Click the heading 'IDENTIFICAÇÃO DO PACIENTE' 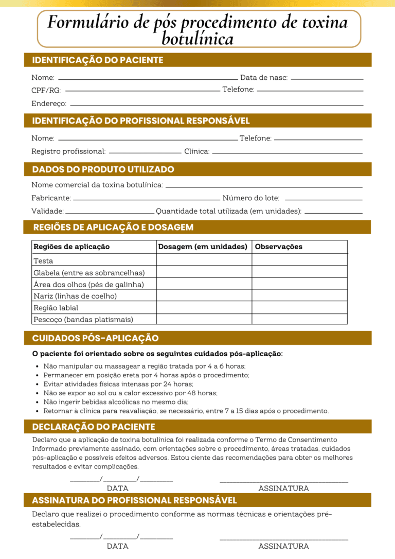(x=98, y=60)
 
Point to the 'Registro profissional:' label (x=68, y=151)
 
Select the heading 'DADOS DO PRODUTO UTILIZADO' (x=103, y=169)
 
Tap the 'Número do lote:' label (x=251, y=198)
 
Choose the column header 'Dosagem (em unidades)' (x=203, y=247)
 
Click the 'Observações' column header (x=279, y=247)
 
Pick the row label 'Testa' (x=43, y=260)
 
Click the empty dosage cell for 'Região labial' (x=204, y=308)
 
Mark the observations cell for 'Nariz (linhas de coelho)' (x=299, y=296)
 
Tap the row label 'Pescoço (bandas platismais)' (x=83, y=320)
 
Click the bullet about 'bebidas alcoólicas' (x=116, y=401)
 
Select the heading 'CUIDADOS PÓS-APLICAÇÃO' (x=95, y=338)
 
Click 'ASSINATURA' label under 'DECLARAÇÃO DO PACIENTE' (x=283, y=488)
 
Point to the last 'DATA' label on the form (x=117, y=546)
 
